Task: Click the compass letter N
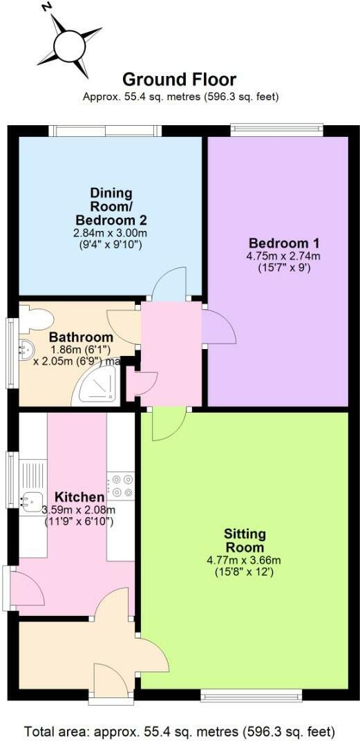46,7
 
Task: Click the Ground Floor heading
180,79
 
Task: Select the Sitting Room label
245,541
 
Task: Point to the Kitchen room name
79,497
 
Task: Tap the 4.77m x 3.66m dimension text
245,560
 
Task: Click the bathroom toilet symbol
36,319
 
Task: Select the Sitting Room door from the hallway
168,424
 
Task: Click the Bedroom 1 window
276,127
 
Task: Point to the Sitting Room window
251,694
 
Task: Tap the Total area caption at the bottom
180,731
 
